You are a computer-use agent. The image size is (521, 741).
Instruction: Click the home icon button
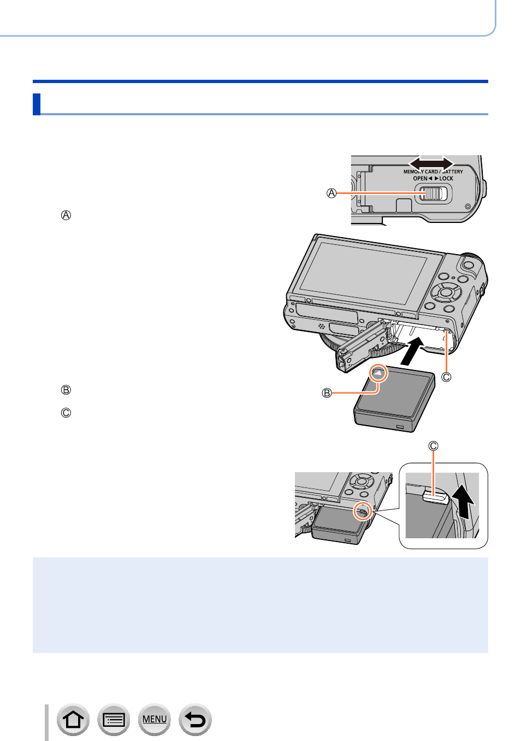click(x=73, y=719)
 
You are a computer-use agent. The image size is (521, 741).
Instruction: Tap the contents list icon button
click(x=114, y=719)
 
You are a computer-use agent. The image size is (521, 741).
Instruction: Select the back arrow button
click(x=195, y=719)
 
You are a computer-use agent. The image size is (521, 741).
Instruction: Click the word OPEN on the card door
click(x=420, y=178)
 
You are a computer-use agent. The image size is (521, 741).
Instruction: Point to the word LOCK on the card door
click(x=446, y=178)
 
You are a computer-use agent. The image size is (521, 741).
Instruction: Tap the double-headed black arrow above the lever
click(x=431, y=163)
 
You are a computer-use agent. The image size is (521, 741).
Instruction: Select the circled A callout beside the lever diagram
click(x=331, y=193)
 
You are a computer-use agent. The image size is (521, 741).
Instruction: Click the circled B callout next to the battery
click(x=327, y=393)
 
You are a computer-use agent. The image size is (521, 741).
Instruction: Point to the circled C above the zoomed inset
click(x=433, y=446)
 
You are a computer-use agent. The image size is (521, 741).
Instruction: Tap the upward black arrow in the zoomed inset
click(x=464, y=503)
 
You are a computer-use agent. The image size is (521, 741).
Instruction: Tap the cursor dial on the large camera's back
click(x=446, y=292)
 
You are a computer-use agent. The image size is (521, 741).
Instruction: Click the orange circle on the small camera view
click(x=363, y=511)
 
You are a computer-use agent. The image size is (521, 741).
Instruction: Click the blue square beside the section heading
click(x=37, y=104)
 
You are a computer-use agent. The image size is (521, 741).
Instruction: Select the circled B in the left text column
click(x=66, y=390)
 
